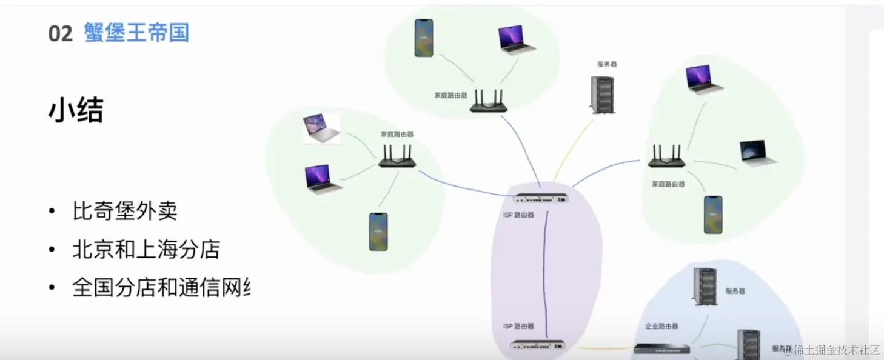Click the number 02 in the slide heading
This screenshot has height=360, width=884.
click(60, 33)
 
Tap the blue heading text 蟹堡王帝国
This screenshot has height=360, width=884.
click(136, 33)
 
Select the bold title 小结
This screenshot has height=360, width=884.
click(76, 111)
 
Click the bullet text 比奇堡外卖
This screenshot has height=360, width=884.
click(124, 212)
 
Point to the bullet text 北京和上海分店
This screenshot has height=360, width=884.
click(146, 250)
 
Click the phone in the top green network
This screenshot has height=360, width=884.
click(424, 38)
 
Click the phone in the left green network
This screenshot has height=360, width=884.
click(378, 232)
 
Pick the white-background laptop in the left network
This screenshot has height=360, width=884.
click(322, 129)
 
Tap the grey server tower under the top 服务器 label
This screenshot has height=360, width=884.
click(601, 94)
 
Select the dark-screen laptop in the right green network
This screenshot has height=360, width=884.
click(758, 153)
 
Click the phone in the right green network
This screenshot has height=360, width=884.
click(713, 215)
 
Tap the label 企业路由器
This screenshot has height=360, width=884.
click(661, 326)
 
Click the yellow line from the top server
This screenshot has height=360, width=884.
click(572, 149)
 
